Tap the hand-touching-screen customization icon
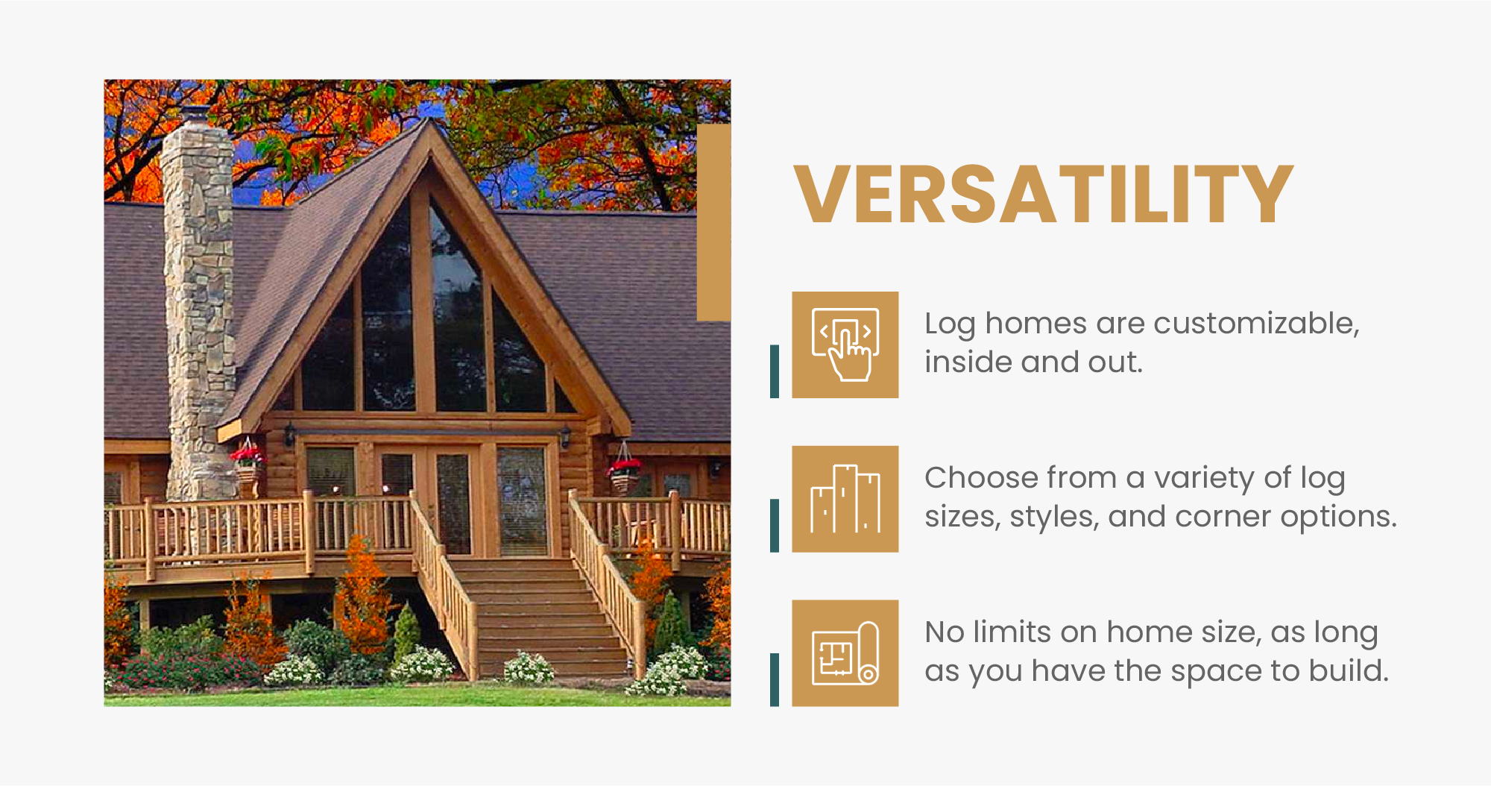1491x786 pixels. tap(845, 345)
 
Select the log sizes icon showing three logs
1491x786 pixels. tap(845, 499)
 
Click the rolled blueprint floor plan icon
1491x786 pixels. tap(845, 653)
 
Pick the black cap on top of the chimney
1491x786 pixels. tap(196, 114)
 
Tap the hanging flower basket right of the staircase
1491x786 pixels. tap(624, 470)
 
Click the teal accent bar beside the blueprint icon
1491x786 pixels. tap(775, 679)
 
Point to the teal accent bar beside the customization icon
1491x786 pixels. tap(775, 371)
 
